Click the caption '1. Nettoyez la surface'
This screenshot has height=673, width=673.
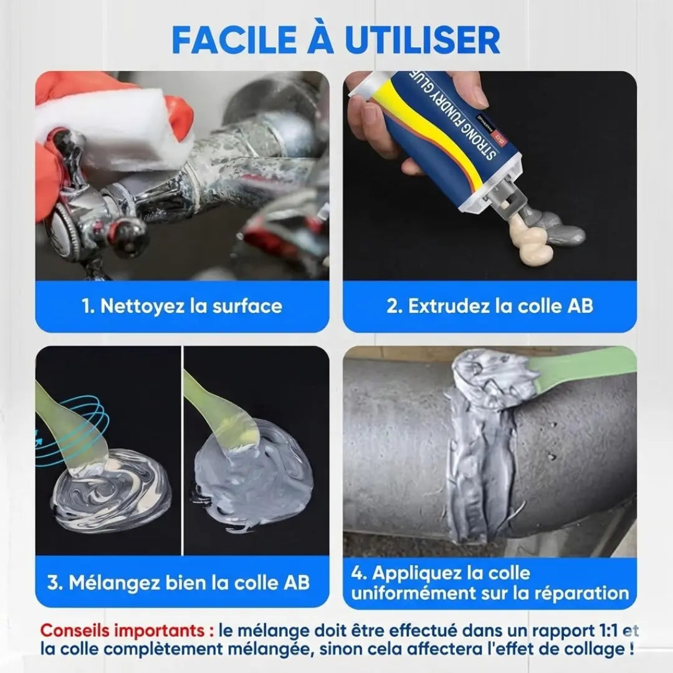pyautogui.click(x=182, y=306)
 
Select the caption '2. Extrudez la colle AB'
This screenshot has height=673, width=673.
pyautogui.click(x=489, y=306)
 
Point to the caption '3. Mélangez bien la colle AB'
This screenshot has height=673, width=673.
pyautogui.click(x=178, y=583)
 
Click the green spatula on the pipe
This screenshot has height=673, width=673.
pyautogui.click(x=580, y=368)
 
